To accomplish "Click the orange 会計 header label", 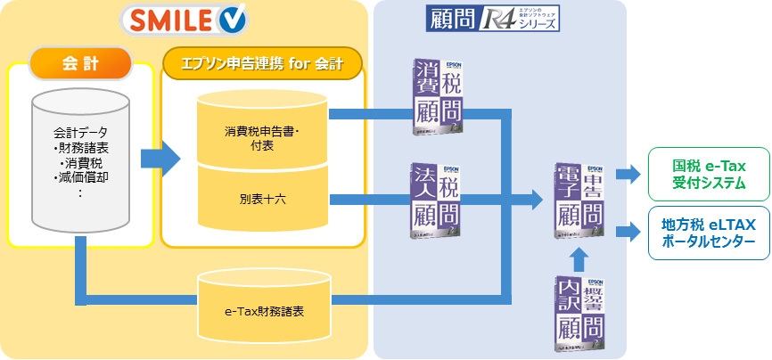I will pyautogui.click(x=80, y=64).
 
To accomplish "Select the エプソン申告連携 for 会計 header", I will pyautogui.click(x=263, y=64).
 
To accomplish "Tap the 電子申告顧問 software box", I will pyautogui.click(x=579, y=201).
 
